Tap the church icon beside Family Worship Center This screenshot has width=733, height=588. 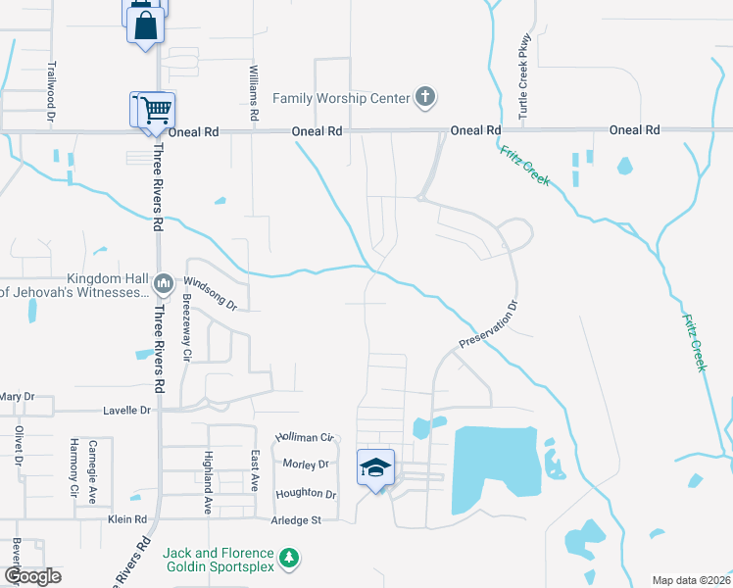coord(424,97)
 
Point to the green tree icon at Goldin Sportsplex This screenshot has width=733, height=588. coord(288,559)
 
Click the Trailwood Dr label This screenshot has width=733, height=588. coord(51,92)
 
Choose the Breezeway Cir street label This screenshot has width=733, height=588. coord(183,331)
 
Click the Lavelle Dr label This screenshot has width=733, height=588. coord(131,411)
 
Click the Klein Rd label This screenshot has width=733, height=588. coord(127,519)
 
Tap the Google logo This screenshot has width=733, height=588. coord(32,576)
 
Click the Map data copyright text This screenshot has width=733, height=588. coord(690,580)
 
